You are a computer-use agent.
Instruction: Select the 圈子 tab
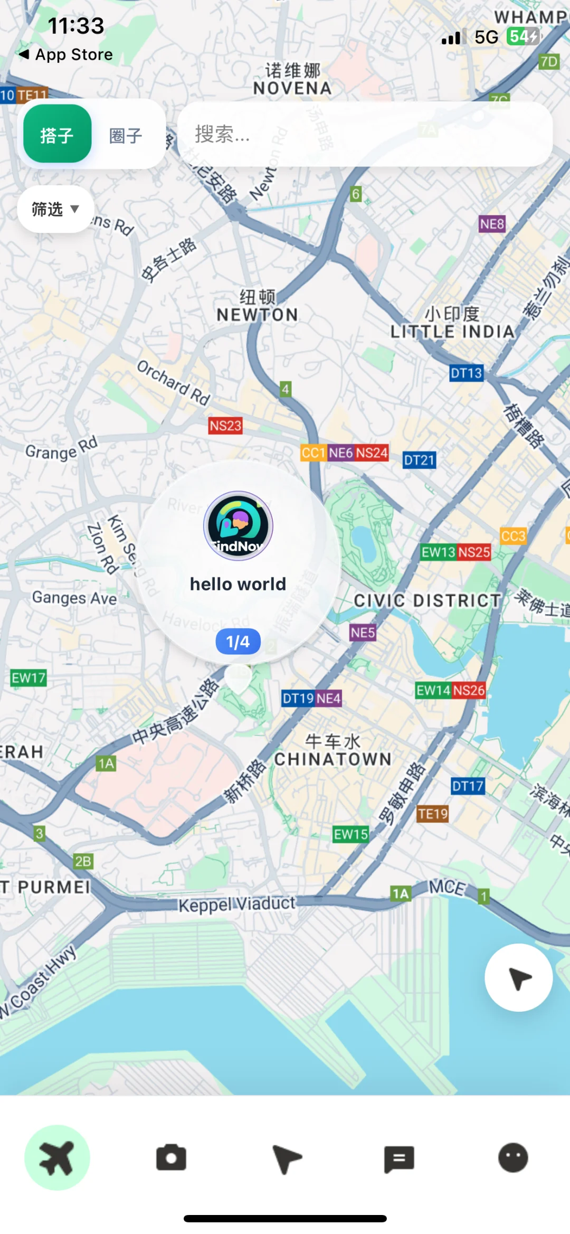pyautogui.click(x=126, y=136)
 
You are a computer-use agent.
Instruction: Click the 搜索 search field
pyautogui.click(x=364, y=134)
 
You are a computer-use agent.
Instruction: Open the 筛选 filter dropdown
pyautogui.click(x=55, y=209)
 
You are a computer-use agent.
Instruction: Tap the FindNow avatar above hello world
pyautogui.click(x=238, y=525)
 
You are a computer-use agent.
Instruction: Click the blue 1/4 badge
pyautogui.click(x=238, y=642)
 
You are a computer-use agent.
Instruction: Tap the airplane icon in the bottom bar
pyautogui.click(x=57, y=1158)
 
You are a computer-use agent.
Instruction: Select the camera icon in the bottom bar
pyautogui.click(x=171, y=1158)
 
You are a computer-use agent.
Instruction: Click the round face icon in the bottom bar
pyautogui.click(x=513, y=1158)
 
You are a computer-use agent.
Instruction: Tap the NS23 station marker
pyautogui.click(x=225, y=426)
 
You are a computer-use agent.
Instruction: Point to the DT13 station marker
pyautogui.click(x=466, y=373)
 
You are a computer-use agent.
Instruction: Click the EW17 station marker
pyautogui.click(x=28, y=677)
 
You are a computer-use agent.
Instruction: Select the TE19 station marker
pyautogui.click(x=433, y=814)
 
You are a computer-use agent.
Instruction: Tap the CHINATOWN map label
pyautogui.click(x=333, y=759)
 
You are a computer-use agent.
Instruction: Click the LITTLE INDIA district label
pyautogui.click(x=452, y=331)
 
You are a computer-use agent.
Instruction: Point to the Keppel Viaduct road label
pyautogui.click(x=236, y=904)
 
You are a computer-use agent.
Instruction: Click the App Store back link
pyautogui.click(x=66, y=54)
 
